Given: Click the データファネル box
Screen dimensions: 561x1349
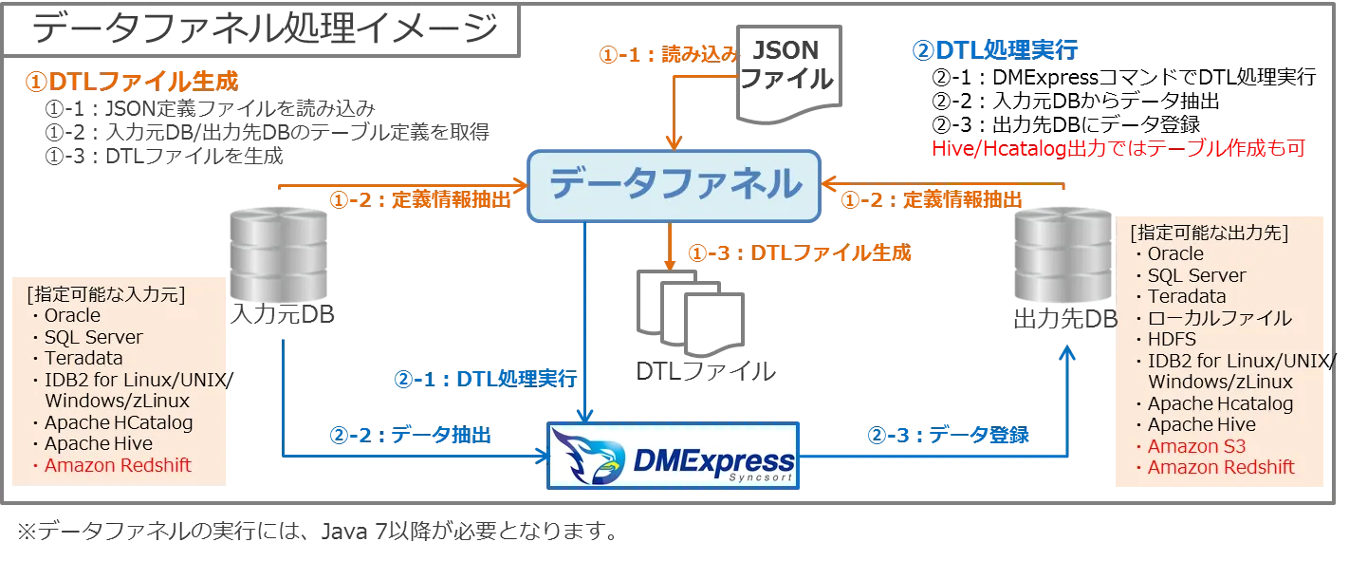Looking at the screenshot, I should (x=674, y=184).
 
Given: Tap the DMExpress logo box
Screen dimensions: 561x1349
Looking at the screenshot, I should (x=674, y=457).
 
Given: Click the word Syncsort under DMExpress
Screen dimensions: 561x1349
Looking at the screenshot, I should (x=760, y=477).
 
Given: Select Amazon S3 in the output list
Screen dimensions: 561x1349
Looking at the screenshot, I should (x=1196, y=446).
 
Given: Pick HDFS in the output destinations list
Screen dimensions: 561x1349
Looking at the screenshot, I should (x=1172, y=339).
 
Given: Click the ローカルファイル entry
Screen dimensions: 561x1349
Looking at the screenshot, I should (x=1219, y=318).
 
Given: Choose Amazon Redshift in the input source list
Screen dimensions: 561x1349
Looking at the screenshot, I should (x=118, y=465).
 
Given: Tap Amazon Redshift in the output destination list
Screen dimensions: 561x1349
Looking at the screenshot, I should (x=1221, y=467).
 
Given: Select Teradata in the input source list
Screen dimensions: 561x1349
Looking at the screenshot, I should (x=83, y=359).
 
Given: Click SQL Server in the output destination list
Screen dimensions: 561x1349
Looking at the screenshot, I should (x=1196, y=275).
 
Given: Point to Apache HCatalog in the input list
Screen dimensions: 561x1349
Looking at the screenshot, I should (x=118, y=422).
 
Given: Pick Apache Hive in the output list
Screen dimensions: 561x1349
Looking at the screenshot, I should (x=1201, y=424).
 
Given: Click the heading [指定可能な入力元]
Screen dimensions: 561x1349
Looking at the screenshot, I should (x=106, y=294).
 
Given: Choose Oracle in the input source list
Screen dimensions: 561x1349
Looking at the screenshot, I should (x=72, y=315).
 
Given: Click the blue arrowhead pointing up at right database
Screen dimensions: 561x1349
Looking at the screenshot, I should (x=1069, y=352).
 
